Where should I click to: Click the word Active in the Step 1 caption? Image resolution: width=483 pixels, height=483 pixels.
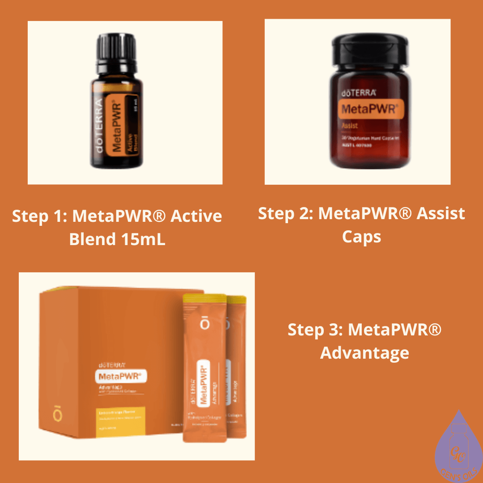(x=197, y=216)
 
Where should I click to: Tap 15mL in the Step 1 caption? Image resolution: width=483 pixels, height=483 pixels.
(x=143, y=239)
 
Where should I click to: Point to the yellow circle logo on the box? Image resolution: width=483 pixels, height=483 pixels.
(x=57, y=415)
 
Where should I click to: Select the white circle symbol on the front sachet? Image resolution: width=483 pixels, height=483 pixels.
(x=204, y=324)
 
